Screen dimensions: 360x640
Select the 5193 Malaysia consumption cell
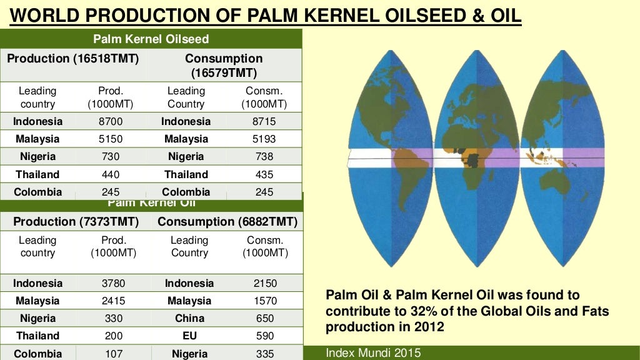pyautogui.click(x=264, y=139)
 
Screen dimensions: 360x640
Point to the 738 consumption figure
pyautogui.click(x=264, y=156)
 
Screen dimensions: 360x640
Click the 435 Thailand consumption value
pyautogui.click(x=264, y=174)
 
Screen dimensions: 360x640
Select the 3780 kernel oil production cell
pyautogui.click(x=113, y=283)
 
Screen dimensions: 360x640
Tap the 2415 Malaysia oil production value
pyautogui.click(x=113, y=301)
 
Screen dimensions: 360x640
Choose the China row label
pyautogui.click(x=189, y=318)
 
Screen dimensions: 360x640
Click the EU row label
pyautogui.click(x=189, y=336)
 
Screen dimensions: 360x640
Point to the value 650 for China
pyautogui.click(x=265, y=318)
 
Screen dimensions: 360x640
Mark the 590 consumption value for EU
pyautogui.click(x=265, y=336)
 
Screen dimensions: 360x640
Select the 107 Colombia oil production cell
pyautogui.click(x=113, y=354)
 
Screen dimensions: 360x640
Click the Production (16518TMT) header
pyautogui.click(x=72, y=59)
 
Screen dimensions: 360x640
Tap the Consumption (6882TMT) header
pyautogui.click(x=227, y=222)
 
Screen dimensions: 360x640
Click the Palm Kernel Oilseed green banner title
pyautogui.click(x=151, y=39)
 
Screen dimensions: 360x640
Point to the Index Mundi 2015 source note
pyautogui.click(x=373, y=353)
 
